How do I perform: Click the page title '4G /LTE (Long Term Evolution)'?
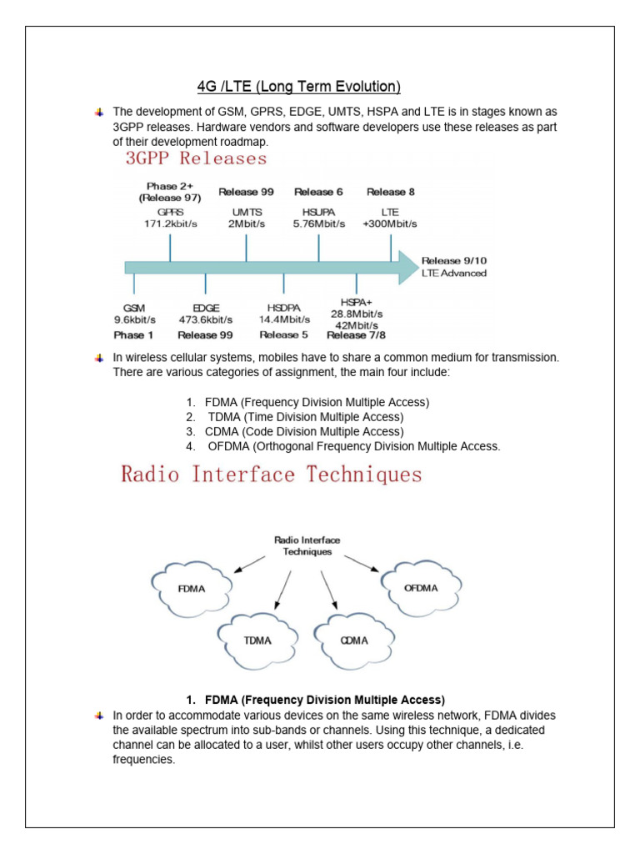tap(299, 87)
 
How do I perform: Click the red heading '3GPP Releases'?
tap(197, 158)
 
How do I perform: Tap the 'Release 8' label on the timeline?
tap(391, 192)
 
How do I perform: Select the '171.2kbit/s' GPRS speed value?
tap(170, 224)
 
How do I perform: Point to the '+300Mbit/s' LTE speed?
tap(390, 224)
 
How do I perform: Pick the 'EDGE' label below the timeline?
tap(205, 308)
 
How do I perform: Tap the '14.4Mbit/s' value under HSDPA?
tap(283, 319)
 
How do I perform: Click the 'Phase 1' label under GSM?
tap(134, 334)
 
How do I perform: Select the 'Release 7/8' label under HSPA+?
tap(357, 335)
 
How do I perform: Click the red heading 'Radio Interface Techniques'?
tap(272, 475)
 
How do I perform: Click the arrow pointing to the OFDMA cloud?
tap(361, 565)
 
